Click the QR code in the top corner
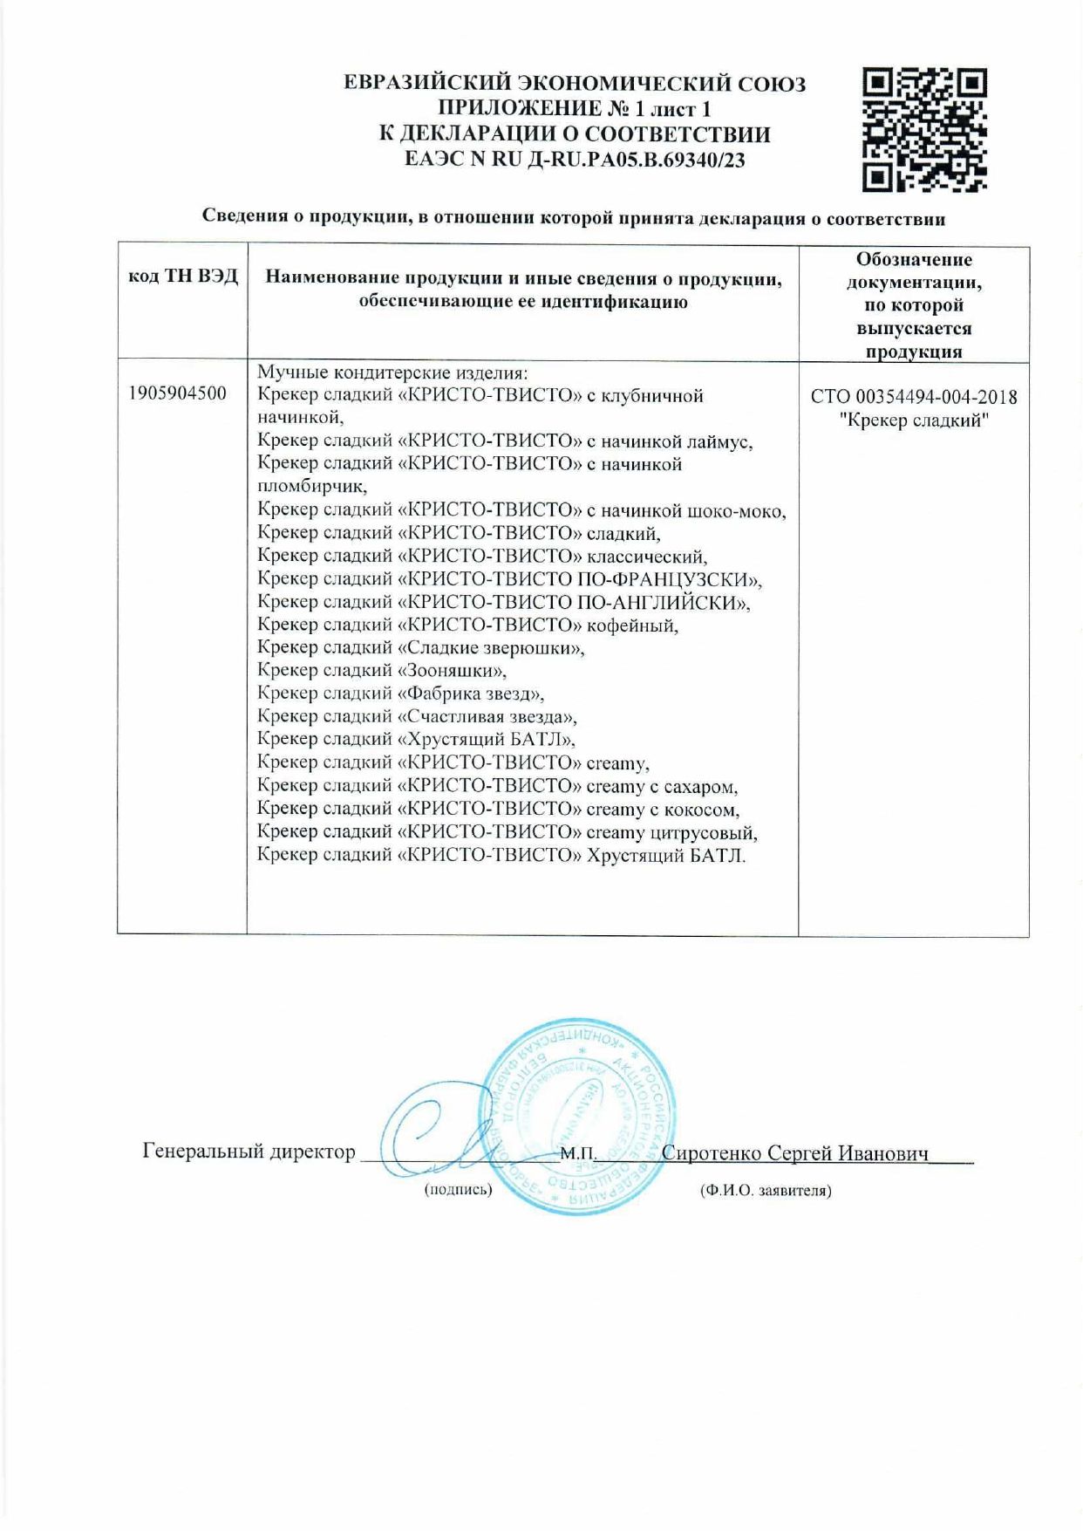(924, 130)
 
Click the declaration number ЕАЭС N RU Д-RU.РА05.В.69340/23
(575, 160)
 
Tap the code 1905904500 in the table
(177, 393)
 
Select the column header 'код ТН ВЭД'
(182, 277)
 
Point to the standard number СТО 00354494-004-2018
(913, 397)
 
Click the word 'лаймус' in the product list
(721, 441)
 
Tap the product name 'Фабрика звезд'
(471, 694)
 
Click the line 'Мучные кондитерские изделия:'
(392, 372)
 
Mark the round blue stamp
(578, 1116)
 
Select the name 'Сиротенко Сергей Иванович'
(794, 1152)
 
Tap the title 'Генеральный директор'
(249, 1152)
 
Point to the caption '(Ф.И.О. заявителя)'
(765, 1190)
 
